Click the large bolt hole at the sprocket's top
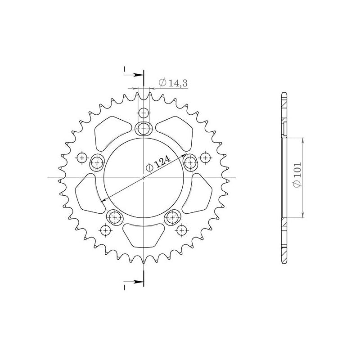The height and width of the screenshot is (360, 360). (x=144, y=128)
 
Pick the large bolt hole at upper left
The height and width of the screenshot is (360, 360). (x=97, y=162)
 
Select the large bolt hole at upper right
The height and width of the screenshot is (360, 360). (x=190, y=162)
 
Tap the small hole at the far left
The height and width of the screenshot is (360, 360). (x=82, y=157)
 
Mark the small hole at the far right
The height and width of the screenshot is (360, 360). (x=206, y=157)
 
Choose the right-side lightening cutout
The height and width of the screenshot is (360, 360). (x=201, y=193)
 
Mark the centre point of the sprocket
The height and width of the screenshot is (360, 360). (x=144, y=178)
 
